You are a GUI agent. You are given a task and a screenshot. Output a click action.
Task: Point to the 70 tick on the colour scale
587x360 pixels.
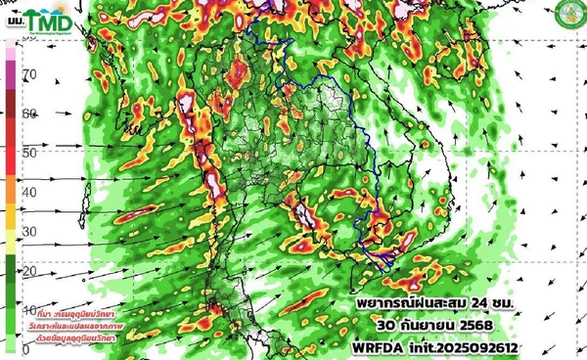29,74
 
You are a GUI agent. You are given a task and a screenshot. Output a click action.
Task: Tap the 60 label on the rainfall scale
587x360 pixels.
29,113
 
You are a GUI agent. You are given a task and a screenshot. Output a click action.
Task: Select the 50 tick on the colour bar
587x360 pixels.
29,153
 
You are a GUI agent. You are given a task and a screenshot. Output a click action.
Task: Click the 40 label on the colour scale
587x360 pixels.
29,192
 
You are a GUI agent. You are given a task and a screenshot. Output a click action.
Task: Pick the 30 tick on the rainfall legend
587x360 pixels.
29,231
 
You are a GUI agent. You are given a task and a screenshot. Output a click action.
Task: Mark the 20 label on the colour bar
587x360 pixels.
29,270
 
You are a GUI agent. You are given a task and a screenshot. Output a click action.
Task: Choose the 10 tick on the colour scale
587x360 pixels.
29,309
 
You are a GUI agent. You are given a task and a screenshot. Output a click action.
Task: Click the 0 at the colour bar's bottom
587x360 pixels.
25,348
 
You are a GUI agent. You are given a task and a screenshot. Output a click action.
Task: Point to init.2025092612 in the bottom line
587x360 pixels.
463,347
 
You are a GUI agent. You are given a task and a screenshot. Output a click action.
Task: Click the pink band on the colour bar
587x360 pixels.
9,73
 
